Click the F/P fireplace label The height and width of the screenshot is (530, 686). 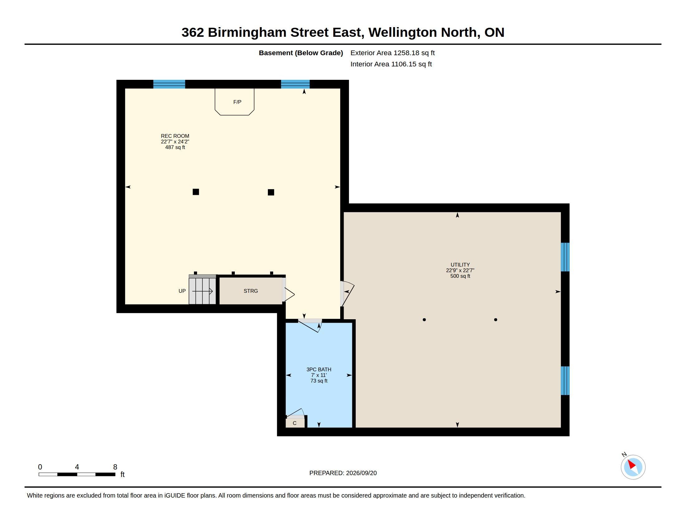click(x=237, y=102)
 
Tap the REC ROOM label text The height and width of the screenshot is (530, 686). click(x=175, y=136)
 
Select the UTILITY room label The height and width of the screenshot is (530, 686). click(x=460, y=265)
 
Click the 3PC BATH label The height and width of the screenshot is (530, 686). click(x=319, y=369)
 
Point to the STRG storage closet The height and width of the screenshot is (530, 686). click(x=251, y=291)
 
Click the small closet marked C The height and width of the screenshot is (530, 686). click(x=295, y=423)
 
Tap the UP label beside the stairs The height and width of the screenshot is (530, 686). click(x=182, y=291)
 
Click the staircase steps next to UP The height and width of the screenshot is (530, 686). click(x=203, y=291)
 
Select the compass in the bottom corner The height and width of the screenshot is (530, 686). click(x=633, y=467)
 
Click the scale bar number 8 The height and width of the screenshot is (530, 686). click(x=115, y=467)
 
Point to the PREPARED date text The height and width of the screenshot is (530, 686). click(x=343, y=473)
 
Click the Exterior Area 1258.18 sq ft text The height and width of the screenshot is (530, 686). click(x=393, y=53)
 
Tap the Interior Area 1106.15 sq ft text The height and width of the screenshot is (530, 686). click(x=391, y=64)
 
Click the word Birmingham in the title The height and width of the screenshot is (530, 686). click(x=247, y=33)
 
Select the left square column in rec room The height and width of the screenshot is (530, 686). click(x=196, y=192)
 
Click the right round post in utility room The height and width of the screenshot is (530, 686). click(x=496, y=320)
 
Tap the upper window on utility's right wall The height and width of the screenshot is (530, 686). click(x=565, y=257)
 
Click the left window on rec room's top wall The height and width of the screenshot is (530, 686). click(x=169, y=84)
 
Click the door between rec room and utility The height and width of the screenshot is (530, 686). click(x=347, y=294)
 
